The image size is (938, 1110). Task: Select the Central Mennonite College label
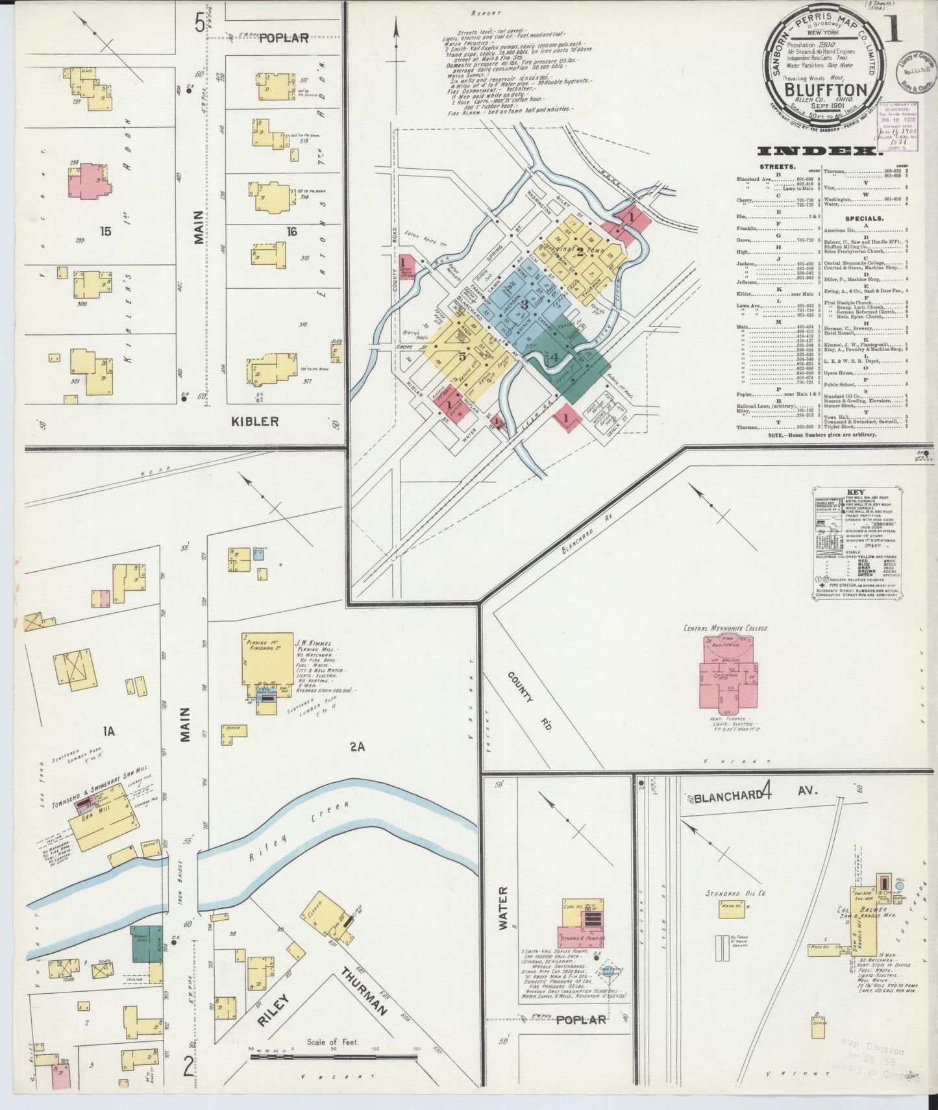click(725, 628)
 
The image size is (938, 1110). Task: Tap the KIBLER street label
click(254, 421)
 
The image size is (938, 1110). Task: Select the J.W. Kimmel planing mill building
click(267, 659)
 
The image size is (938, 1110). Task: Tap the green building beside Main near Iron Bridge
click(147, 944)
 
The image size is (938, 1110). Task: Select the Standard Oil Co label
click(735, 893)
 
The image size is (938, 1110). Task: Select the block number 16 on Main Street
click(291, 231)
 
